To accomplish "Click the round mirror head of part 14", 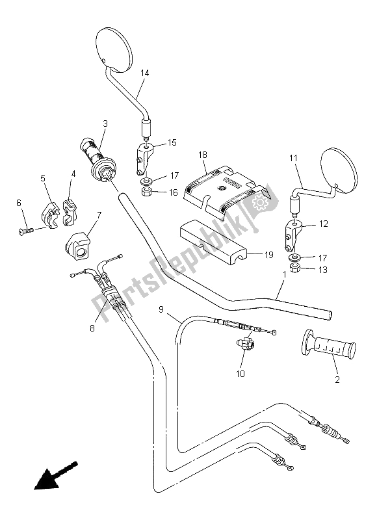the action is coord(113,50).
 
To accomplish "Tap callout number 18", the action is coord(203,155).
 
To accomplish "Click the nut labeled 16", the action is coord(146,192).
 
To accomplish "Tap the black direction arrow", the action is coord(55,475).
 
